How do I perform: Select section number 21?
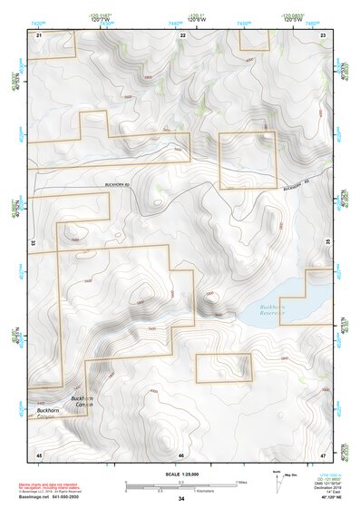point(39,34)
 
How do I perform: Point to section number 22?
point(183,34)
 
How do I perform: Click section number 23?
point(324,34)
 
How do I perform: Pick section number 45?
point(39,454)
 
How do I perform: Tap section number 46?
point(181,454)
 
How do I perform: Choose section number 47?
point(324,454)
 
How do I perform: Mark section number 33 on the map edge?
point(33,243)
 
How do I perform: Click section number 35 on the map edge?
point(328,243)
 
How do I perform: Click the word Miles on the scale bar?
point(241,482)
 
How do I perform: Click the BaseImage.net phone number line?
point(52,497)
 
